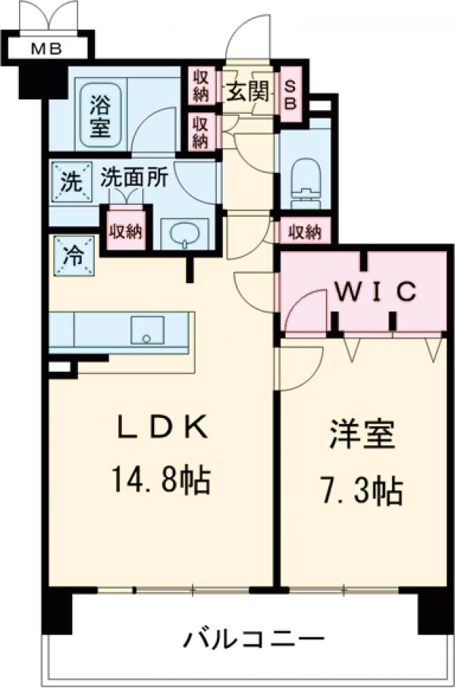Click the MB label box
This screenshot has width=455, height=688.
click(x=46, y=50)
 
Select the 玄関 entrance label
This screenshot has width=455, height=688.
click(x=247, y=93)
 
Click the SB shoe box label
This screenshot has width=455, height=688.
click(x=290, y=95)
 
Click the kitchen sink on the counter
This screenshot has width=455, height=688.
click(x=147, y=331)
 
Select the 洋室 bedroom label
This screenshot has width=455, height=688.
click(x=361, y=440)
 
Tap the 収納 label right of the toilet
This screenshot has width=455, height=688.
click(x=303, y=231)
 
